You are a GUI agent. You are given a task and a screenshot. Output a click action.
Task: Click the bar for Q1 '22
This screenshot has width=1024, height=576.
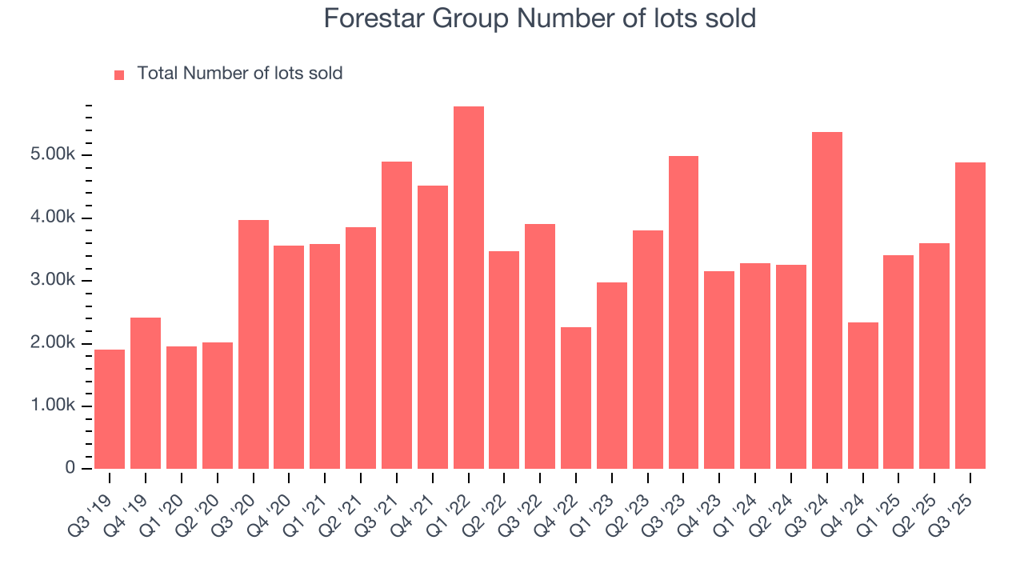pyautogui.click(x=469, y=287)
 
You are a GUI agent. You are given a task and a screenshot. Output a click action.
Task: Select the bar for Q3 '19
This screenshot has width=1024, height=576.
pyautogui.click(x=110, y=409)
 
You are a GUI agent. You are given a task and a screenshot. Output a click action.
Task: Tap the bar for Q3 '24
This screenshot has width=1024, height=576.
pyautogui.click(x=827, y=300)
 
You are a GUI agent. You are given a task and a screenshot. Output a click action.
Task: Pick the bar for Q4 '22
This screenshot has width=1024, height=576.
pyautogui.click(x=576, y=398)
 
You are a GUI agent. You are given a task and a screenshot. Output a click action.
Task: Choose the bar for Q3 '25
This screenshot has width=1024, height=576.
pyautogui.click(x=970, y=315)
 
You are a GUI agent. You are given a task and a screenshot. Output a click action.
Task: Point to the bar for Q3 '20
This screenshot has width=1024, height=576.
pyautogui.click(x=254, y=344)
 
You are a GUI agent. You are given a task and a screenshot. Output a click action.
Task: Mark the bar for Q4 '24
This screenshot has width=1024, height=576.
pyautogui.click(x=863, y=395)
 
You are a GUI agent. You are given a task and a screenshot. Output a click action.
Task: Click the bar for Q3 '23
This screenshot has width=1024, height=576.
pyautogui.click(x=684, y=312)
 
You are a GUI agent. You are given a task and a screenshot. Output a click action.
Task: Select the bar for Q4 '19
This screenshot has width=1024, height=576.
pyautogui.click(x=146, y=393)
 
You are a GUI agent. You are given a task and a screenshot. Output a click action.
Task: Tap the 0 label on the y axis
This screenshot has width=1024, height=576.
pyautogui.click(x=70, y=468)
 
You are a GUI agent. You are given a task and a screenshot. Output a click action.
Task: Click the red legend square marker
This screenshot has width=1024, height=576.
pyautogui.click(x=119, y=74)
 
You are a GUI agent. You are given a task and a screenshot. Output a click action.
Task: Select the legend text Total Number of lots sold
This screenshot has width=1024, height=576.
pyautogui.click(x=240, y=74)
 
